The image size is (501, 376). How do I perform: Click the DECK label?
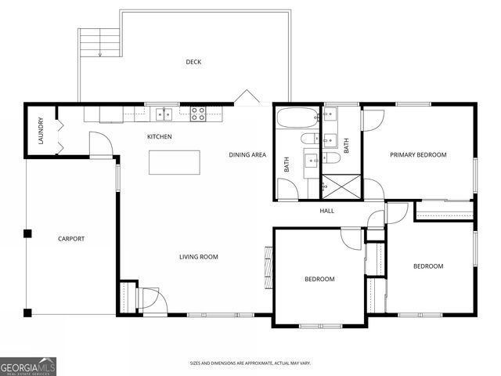point(193,62)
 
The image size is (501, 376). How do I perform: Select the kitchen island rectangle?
point(175,162)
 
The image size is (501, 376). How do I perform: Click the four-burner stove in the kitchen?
point(197,114)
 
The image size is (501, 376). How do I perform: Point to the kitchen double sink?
point(164,114)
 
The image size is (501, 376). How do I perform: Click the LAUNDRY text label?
point(41,131)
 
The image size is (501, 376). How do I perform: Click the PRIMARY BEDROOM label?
point(418,155)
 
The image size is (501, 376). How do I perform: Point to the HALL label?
point(326,211)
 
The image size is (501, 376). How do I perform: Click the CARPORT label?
point(71,239)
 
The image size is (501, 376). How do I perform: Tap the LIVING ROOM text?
point(198,257)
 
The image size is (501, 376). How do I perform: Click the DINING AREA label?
point(247,155)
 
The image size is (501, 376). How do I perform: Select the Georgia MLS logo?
point(28,366)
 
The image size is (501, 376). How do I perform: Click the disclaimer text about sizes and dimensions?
point(250,363)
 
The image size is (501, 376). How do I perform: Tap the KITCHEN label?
point(160,137)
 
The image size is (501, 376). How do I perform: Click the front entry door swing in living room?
point(149,298)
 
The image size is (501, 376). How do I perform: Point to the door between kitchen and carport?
point(99,144)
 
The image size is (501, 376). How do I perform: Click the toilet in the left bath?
point(308,139)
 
